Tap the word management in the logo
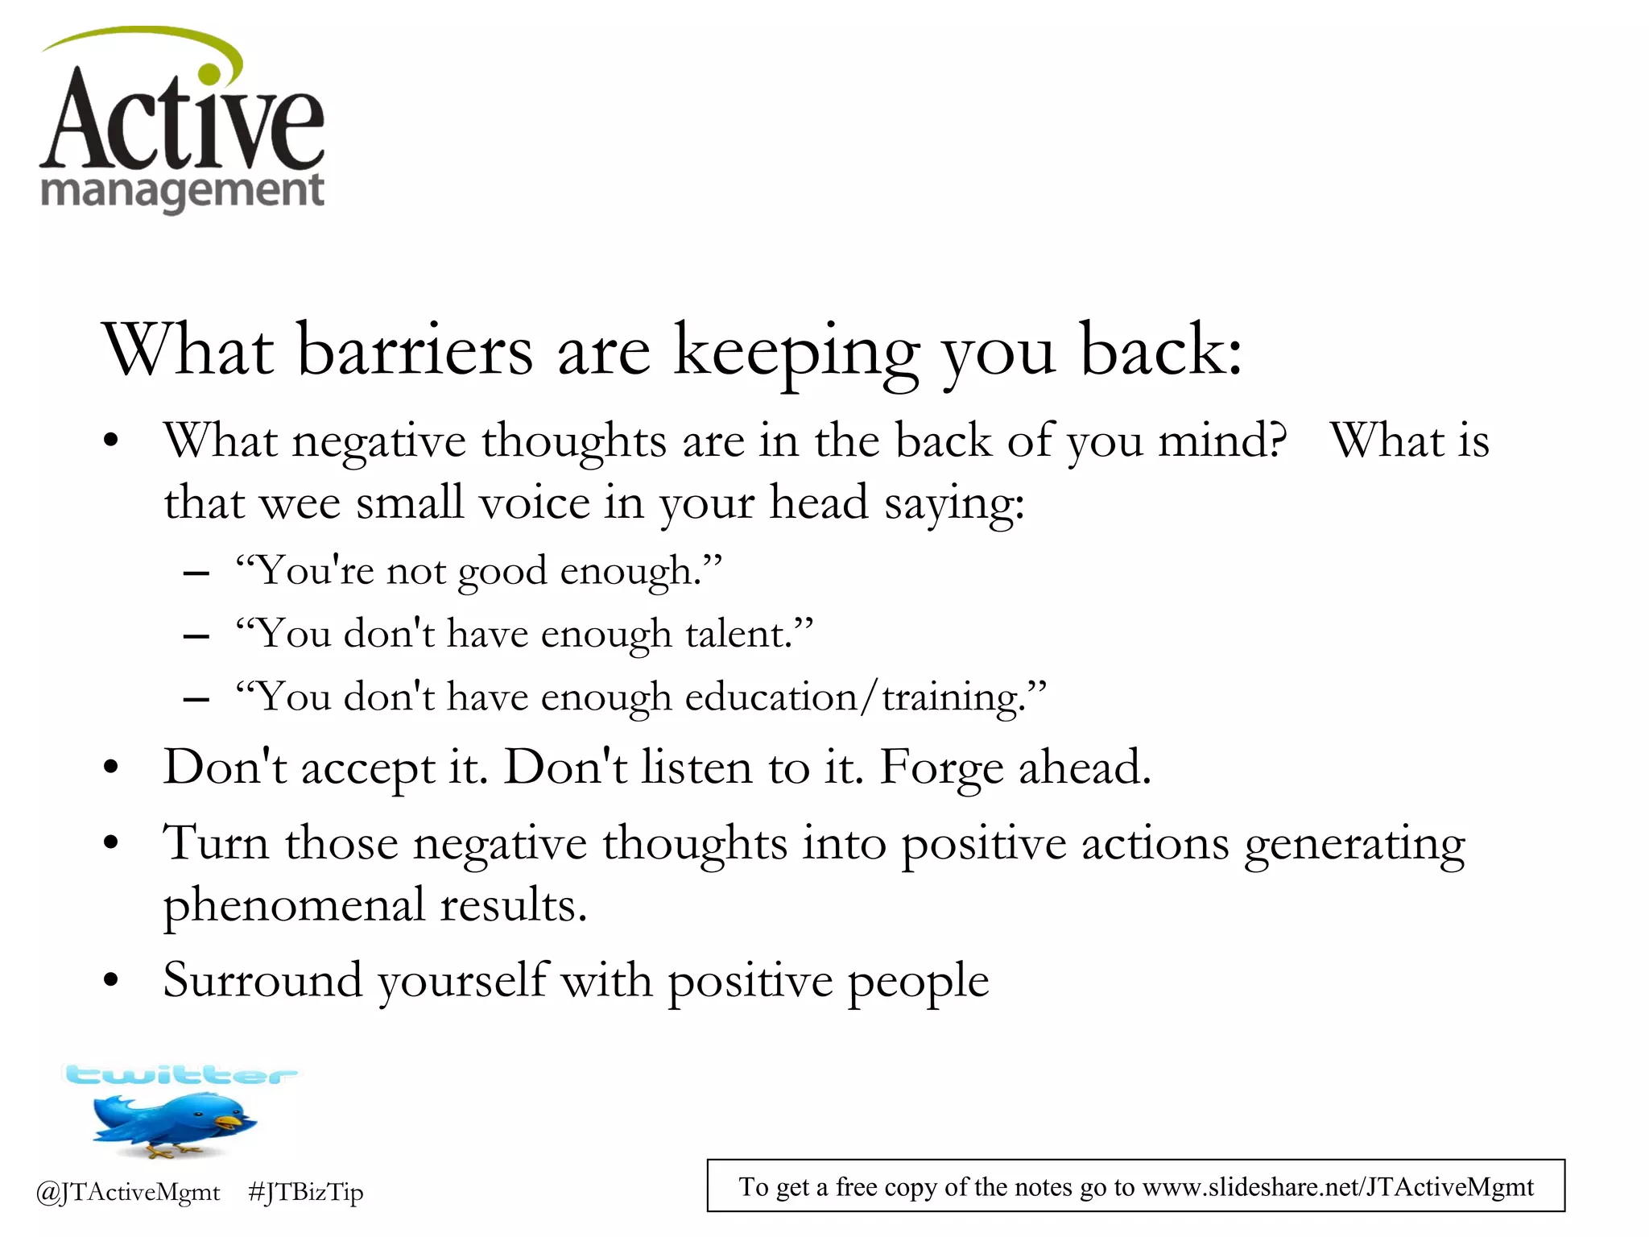182,192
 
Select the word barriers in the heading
415,351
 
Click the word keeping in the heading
796,353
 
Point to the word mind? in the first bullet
1222,441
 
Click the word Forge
940,767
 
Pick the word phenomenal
294,906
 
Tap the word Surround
262,981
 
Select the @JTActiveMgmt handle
128,1193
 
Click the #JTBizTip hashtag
306,1193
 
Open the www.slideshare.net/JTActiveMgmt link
1337,1187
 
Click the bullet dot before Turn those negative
111,844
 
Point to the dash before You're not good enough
196,573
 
